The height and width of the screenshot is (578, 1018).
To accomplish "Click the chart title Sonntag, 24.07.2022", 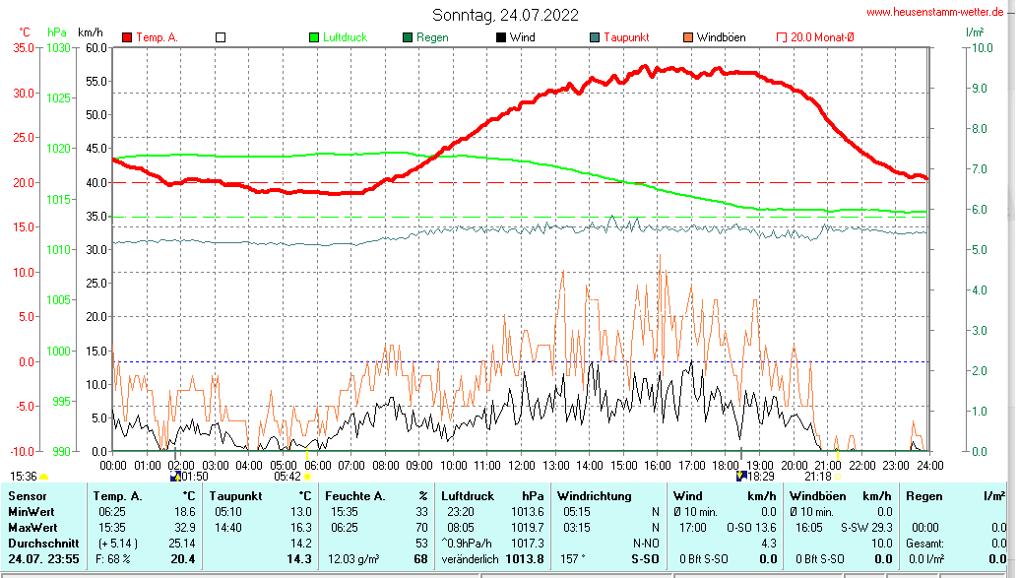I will tap(505, 15).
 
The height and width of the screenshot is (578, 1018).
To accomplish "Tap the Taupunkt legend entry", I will tap(625, 37).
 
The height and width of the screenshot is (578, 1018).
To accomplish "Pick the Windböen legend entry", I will tap(721, 37).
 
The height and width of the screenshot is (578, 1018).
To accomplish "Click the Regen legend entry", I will tap(432, 37).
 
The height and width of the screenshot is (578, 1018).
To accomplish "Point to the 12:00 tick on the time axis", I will tap(521, 465).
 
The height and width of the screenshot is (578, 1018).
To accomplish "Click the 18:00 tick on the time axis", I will tap(726, 465).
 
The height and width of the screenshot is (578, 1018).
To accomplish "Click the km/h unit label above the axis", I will tap(93, 32).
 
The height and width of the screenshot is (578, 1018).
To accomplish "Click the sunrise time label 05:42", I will tap(287, 476).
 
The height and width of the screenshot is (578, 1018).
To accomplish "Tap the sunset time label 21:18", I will tap(817, 476).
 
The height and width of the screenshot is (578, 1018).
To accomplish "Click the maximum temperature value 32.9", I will tap(184, 528).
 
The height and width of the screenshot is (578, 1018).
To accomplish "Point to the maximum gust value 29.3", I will tap(881, 528).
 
